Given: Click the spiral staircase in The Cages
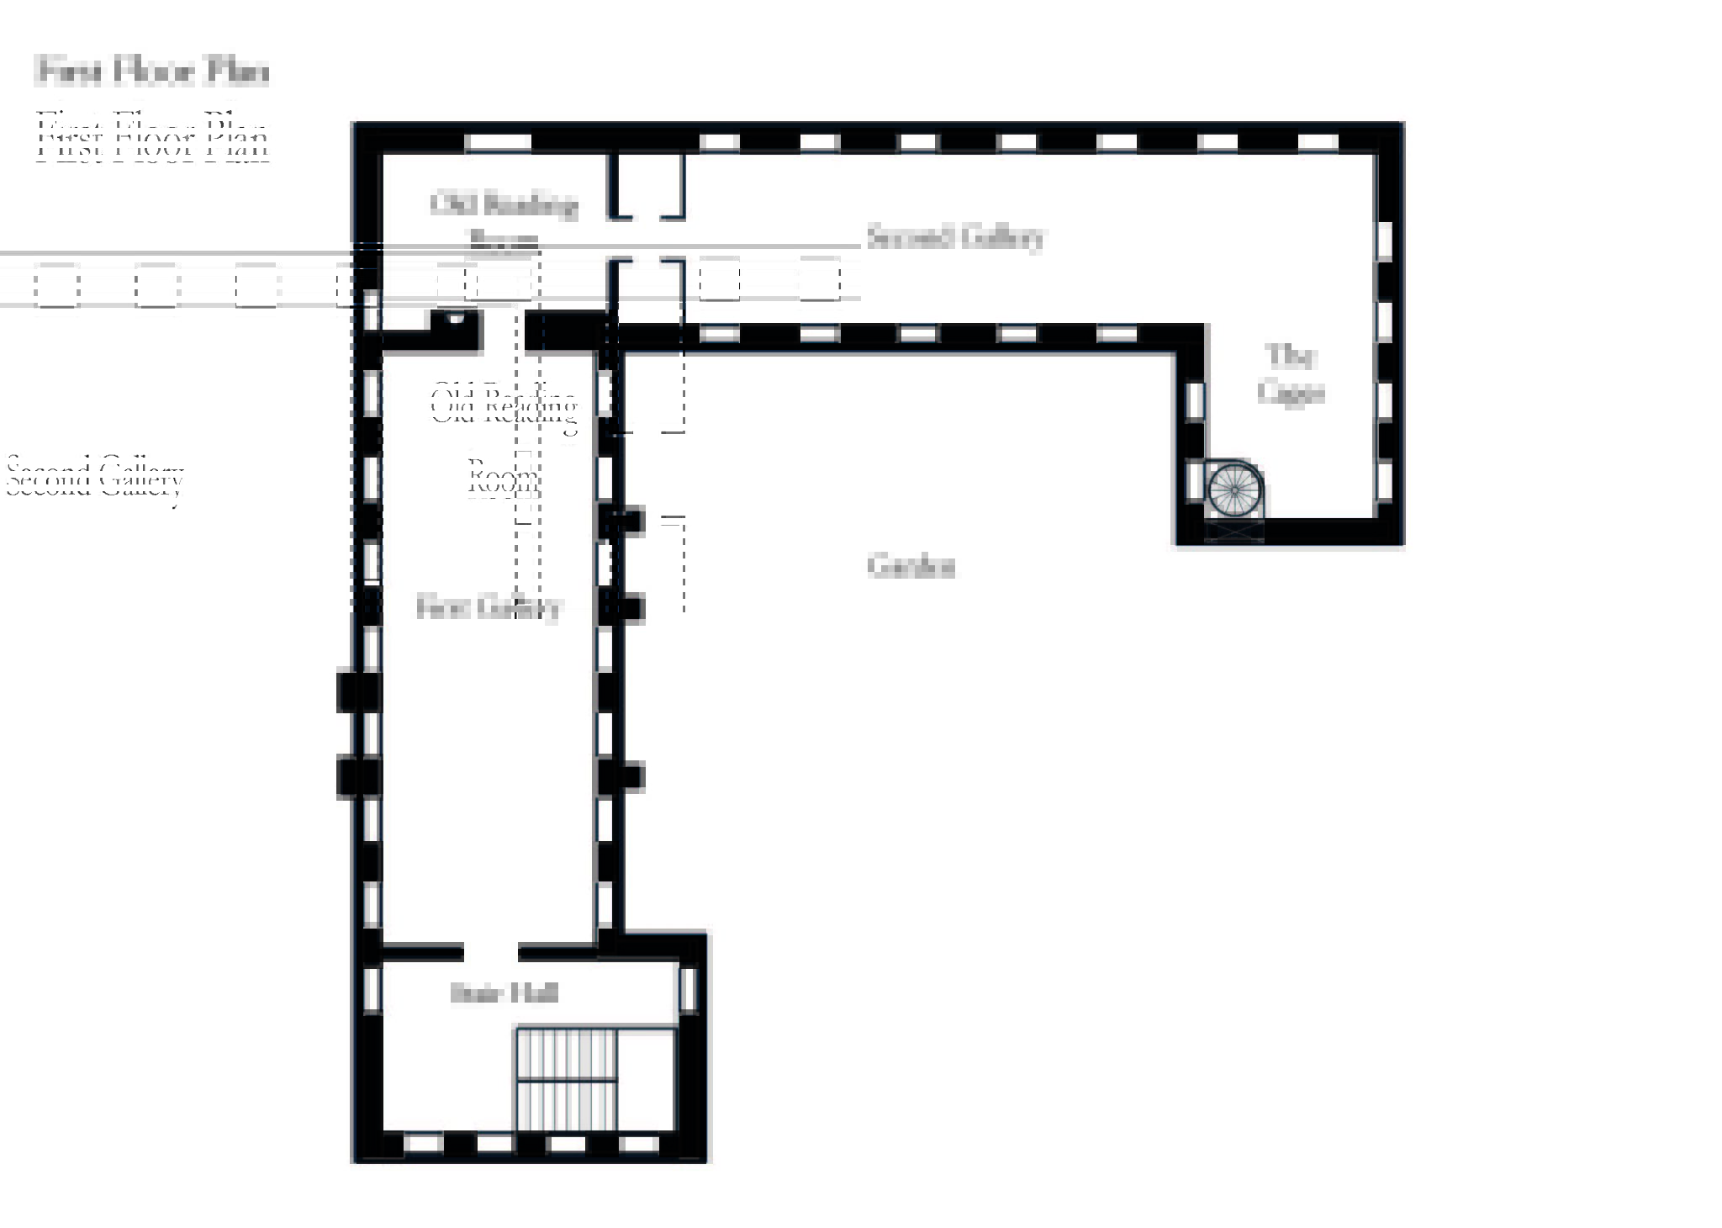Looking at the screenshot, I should (x=1233, y=490).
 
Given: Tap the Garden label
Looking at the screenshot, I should (x=911, y=566).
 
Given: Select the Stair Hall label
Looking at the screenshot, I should (x=504, y=993).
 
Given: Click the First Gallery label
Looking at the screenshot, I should (x=489, y=607).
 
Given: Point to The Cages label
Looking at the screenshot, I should (x=1291, y=374).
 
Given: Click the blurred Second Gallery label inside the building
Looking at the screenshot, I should (x=954, y=237).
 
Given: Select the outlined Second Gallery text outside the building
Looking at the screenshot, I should (x=94, y=477).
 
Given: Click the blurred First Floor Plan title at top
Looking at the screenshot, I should (x=153, y=71).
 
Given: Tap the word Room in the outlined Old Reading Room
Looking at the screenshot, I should (x=502, y=479).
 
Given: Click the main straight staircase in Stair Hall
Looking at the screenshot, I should (x=566, y=1080).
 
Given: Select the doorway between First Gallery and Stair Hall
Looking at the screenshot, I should (x=490, y=952).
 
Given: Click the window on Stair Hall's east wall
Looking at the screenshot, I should (x=688, y=990).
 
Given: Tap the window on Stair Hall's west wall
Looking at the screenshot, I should (x=371, y=991).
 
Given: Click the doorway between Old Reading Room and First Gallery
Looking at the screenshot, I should (x=504, y=331).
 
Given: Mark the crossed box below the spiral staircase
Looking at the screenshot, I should (x=1233, y=531).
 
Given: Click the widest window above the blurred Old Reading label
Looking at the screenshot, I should (x=498, y=142).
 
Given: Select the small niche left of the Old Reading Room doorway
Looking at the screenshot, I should (x=455, y=320).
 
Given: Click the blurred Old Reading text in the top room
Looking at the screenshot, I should (x=504, y=204).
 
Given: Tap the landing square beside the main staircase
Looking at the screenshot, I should (x=647, y=1080).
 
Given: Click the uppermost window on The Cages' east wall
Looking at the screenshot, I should (x=1383, y=241).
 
